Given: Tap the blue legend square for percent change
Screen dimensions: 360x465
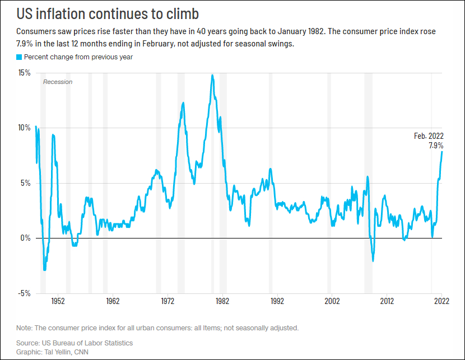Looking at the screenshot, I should pyautogui.click(x=19, y=57).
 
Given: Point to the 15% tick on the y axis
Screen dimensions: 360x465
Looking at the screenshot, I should pyautogui.click(x=24, y=73).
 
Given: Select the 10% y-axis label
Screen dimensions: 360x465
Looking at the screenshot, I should pyautogui.click(x=24, y=128).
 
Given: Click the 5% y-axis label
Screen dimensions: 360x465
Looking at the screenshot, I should pyautogui.click(x=26, y=183).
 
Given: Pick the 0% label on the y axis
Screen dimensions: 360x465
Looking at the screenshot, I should pyautogui.click(x=26, y=238).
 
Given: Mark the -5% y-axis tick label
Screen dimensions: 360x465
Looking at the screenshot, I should pyautogui.click(x=25, y=293).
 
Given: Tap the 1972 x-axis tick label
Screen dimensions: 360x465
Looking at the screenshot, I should pyautogui.click(x=168, y=300).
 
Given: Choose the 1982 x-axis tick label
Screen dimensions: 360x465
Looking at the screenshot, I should pyautogui.click(x=222, y=300).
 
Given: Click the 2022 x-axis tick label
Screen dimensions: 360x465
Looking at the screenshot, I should pyautogui.click(x=441, y=300).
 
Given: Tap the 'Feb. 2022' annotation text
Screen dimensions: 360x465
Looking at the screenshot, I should pyautogui.click(x=429, y=136).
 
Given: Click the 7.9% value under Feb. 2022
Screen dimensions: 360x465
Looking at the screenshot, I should pyautogui.click(x=435, y=146).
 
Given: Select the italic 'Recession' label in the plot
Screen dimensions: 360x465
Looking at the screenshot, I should pyautogui.click(x=58, y=82).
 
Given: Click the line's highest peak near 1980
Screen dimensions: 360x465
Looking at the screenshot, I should pyautogui.click(x=212, y=75).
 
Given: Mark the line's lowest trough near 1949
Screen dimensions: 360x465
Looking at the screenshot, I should pyautogui.click(x=45, y=270).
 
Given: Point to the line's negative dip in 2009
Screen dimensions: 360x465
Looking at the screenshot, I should pyautogui.click(x=373, y=260).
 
